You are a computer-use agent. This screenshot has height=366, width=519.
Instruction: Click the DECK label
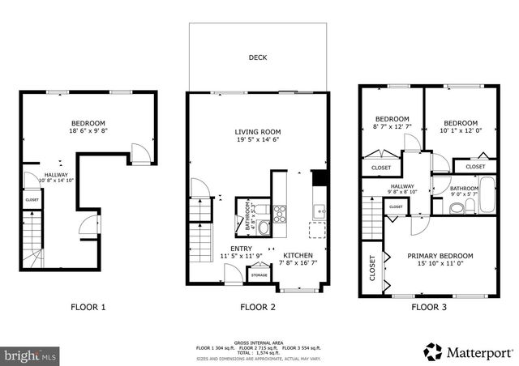259,58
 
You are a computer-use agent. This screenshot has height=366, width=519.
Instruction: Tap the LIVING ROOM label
258,132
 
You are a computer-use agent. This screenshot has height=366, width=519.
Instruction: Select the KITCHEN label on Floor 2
298,254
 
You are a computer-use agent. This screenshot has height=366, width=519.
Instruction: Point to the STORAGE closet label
259,275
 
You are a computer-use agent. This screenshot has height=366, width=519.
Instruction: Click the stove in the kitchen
279,215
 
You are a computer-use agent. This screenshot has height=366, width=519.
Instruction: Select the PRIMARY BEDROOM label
440,256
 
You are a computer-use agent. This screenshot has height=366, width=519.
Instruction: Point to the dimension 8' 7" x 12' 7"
392,126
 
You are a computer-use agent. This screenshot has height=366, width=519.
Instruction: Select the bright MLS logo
31,355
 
